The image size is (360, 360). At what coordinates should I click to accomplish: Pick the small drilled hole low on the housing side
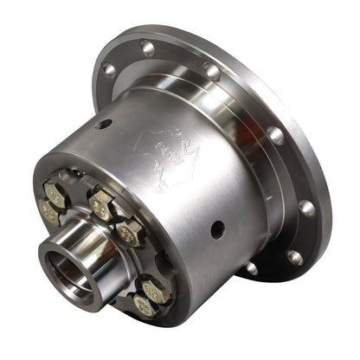tap(216, 228)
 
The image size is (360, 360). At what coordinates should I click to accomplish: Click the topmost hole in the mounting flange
tap(148, 48)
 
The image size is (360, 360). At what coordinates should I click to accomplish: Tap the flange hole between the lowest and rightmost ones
tap(295, 256)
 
